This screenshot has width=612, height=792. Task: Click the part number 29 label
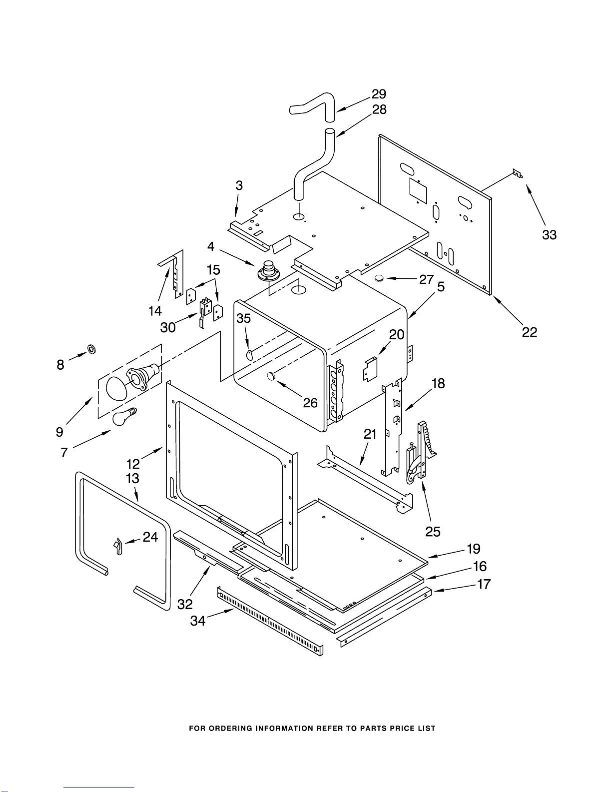379,94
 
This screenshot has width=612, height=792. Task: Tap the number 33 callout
550,235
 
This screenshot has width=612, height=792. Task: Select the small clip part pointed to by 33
518,173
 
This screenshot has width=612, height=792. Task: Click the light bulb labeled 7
124,416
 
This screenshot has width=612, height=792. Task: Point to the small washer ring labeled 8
92,349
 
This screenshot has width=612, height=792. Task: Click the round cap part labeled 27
379,278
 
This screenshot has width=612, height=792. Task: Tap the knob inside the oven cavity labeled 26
271,375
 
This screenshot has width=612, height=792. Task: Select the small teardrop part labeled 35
249,355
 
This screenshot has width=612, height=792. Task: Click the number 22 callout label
529,332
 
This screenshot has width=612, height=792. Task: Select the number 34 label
198,620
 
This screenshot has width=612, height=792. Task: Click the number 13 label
132,478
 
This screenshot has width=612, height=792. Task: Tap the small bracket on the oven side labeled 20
371,369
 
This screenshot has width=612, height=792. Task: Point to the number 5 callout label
441,287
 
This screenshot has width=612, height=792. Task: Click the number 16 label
480,566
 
